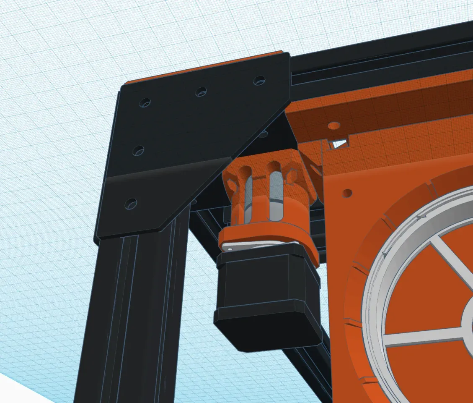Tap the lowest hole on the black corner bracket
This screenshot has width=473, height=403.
click(131, 204)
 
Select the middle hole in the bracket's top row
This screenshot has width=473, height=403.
click(201, 91)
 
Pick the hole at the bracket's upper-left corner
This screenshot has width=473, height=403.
click(145, 102)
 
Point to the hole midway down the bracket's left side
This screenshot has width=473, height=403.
click(138, 150)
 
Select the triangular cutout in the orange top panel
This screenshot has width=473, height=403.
click(339, 144)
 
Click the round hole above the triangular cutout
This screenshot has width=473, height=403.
click(334, 126)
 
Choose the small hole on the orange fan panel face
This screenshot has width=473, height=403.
click(347, 194)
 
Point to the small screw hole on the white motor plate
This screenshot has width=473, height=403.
click(230, 248)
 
